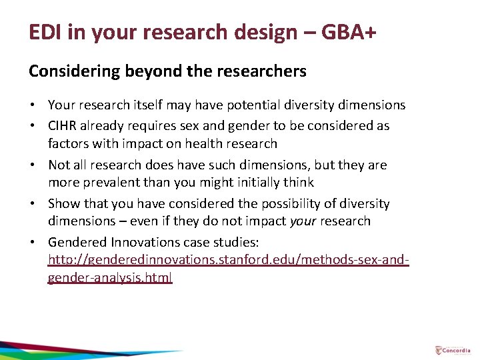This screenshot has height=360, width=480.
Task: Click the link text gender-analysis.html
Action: tap(110, 277)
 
